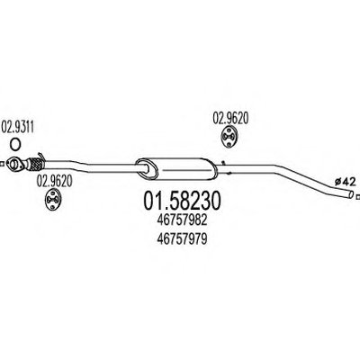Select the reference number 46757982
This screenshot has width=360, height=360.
(x=182, y=220)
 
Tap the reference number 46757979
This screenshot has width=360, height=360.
(x=182, y=239)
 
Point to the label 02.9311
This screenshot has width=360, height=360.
(x=18, y=127)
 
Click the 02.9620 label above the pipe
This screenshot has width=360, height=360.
(x=230, y=118)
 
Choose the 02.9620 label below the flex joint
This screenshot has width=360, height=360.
(x=54, y=181)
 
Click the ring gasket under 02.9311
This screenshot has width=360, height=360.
(x=15, y=144)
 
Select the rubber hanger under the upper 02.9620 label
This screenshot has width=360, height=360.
(x=229, y=137)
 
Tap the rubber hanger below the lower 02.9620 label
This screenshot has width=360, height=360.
(x=53, y=199)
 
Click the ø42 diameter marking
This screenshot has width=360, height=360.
(x=345, y=182)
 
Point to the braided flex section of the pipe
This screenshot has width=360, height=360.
(x=36, y=165)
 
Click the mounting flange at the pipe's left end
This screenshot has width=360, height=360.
(x=14, y=164)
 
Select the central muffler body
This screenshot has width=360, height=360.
(x=175, y=168)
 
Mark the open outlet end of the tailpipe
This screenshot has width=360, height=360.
(x=351, y=194)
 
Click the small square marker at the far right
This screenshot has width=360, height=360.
(x=357, y=197)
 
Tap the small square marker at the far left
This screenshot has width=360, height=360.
(x=2, y=164)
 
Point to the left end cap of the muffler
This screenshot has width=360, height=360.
(x=145, y=169)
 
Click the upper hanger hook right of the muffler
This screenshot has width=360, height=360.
(x=223, y=162)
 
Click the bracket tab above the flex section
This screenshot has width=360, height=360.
(x=41, y=157)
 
